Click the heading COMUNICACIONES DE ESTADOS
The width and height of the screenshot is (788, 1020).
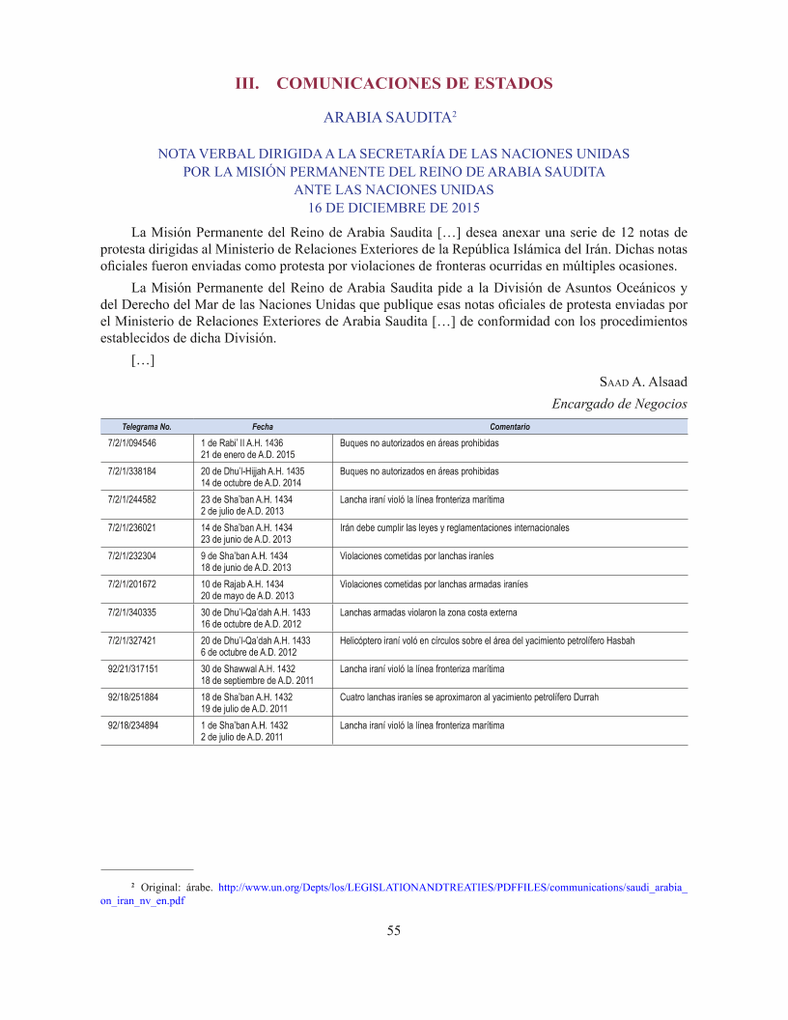[x=414, y=83]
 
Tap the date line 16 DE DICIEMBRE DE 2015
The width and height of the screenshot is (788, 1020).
[x=394, y=207]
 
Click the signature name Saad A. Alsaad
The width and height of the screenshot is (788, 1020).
[x=643, y=382]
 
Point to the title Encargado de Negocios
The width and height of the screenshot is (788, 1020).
[x=619, y=403]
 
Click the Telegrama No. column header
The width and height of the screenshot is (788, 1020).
[x=147, y=426]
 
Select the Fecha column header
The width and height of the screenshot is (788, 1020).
[x=263, y=426]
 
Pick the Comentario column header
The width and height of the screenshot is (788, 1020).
[x=510, y=426]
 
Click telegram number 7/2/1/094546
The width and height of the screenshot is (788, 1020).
[x=132, y=442]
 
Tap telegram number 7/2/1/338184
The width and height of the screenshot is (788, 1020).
[x=132, y=471]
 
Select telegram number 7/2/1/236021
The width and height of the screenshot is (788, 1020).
[x=132, y=528]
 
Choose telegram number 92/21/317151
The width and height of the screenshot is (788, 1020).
[x=133, y=668]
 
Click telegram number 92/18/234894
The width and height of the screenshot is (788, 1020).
[x=133, y=724]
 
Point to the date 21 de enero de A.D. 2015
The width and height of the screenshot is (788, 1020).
[x=247, y=454]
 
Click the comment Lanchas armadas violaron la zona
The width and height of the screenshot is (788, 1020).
[x=429, y=612]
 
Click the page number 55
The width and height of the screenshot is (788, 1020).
[x=393, y=930]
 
